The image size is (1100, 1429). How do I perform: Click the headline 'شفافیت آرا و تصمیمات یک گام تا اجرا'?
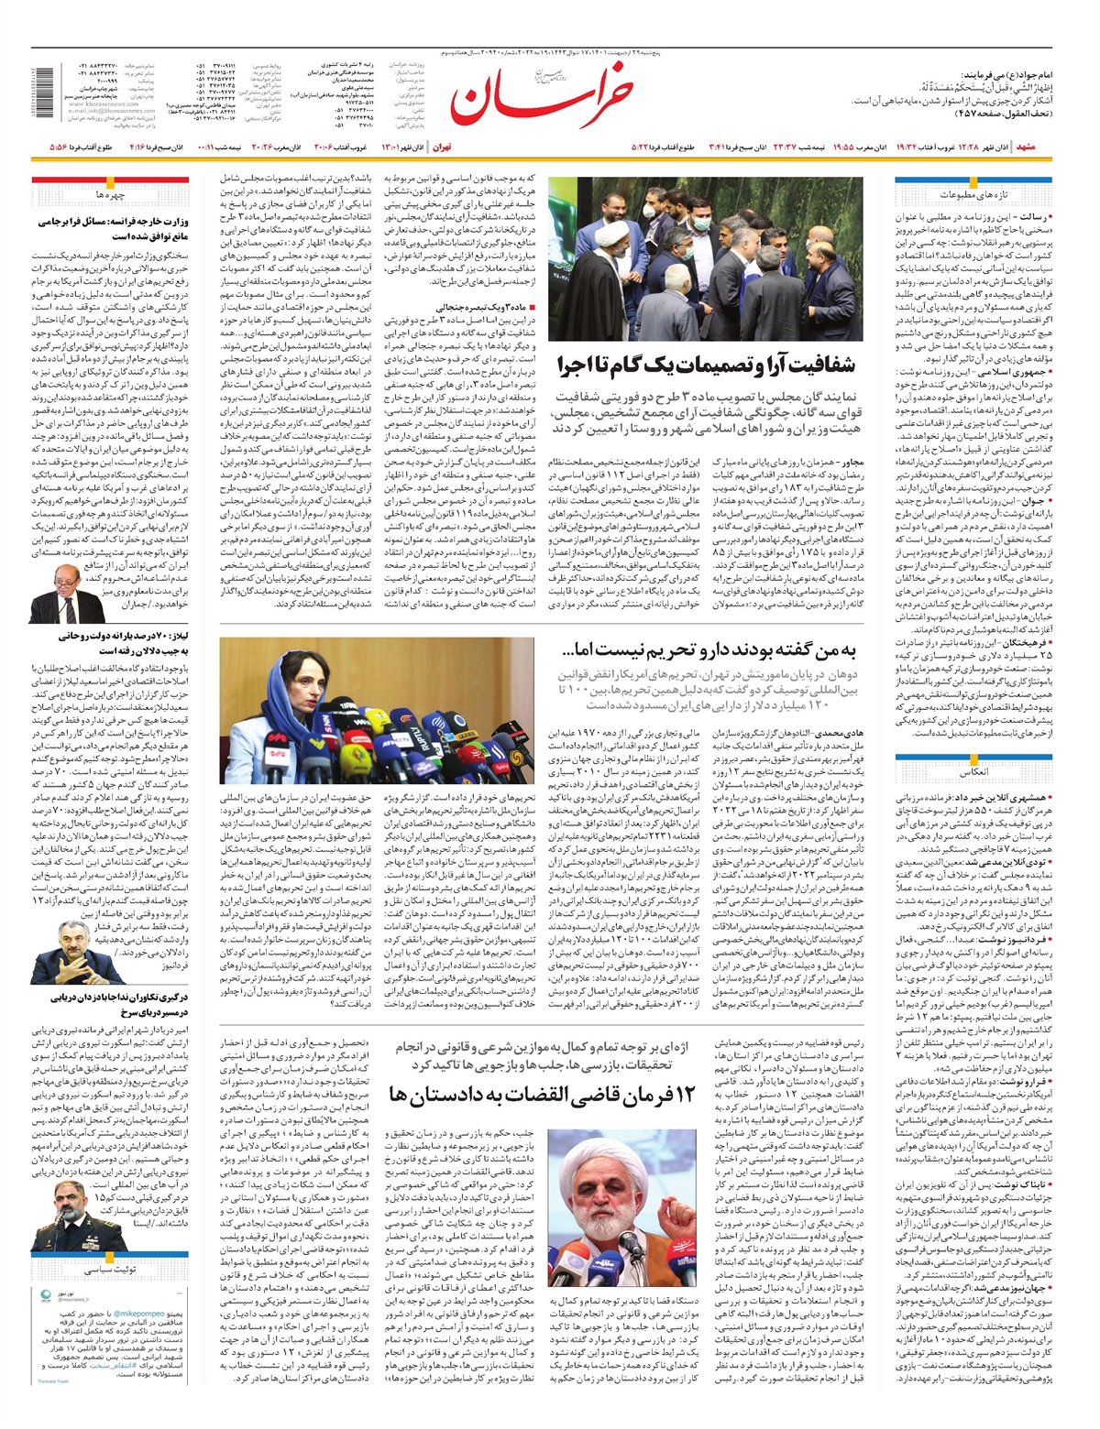(x=707, y=366)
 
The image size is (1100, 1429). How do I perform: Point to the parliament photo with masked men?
(x=705, y=258)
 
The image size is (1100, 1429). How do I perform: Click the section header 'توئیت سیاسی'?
(x=110, y=1270)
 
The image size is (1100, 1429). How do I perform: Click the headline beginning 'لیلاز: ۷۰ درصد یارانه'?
(x=110, y=642)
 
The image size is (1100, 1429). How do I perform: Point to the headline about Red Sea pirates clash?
(x=110, y=1006)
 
